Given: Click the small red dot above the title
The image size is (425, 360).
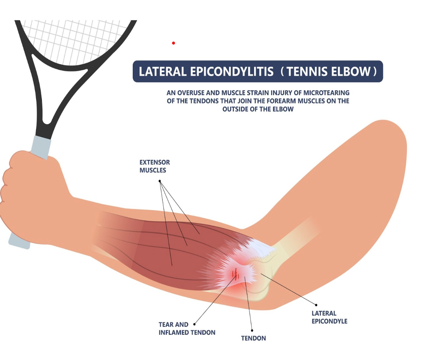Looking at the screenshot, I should pos(174,43).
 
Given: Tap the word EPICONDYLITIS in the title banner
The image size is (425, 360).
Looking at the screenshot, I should pos(229,71).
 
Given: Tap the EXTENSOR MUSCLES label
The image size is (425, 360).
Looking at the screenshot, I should pos(155,166).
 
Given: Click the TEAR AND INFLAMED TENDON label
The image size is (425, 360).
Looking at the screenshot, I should pos(187,328).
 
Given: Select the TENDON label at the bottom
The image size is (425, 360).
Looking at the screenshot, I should pos(253,338).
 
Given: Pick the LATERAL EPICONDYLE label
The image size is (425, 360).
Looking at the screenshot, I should pos(329,317).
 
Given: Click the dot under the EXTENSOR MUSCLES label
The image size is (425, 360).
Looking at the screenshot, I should pos(160,181).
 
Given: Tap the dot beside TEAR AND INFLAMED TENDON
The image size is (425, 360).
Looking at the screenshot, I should pos(195,324).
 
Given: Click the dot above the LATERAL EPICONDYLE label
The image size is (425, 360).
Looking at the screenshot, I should pos(316,305).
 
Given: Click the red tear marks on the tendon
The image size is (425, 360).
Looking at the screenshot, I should pos(236,275).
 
